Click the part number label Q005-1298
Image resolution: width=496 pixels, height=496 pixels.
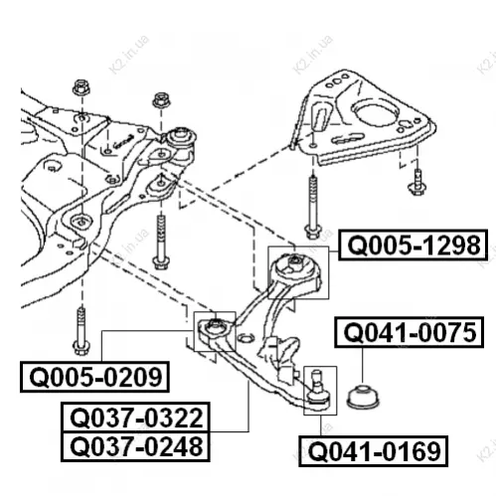(413, 246)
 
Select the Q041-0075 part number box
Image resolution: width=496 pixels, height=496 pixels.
(410, 332)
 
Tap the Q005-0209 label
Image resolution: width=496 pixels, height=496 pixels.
(94, 377)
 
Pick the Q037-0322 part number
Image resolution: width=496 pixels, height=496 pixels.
(135, 417)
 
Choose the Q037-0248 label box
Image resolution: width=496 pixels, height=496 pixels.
(135, 446)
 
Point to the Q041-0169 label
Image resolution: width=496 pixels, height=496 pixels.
(374, 451)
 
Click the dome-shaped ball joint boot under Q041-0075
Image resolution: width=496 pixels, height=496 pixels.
(363, 397)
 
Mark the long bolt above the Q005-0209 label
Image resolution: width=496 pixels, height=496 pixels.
(81, 331)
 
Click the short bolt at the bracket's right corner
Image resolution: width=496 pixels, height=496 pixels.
(417, 182)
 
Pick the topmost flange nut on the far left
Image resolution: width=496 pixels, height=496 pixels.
(81, 87)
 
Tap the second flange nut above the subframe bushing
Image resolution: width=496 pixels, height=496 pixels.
(161, 99)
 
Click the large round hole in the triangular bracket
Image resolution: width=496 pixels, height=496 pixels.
(375, 113)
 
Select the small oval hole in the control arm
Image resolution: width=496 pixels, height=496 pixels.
(247, 338)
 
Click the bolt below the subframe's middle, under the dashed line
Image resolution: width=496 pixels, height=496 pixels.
(161, 242)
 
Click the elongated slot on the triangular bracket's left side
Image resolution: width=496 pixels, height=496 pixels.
(320, 116)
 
